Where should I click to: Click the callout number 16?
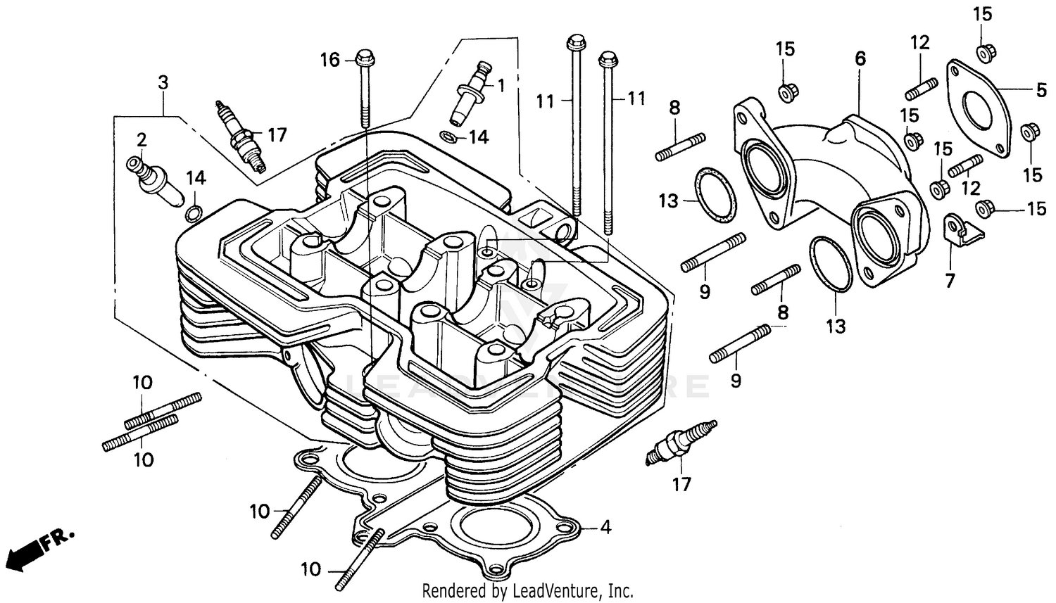tap(330, 61)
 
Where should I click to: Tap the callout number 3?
tap(163, 83)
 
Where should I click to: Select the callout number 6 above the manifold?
tap(860, 59)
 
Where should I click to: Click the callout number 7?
tap(950, 281)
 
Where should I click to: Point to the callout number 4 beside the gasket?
tap(605, 526)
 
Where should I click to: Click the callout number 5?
tap(1041, 90)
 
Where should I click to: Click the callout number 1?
tap(501, 86)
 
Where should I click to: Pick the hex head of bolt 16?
tap(364, 55)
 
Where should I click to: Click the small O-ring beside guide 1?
tap(447, 136)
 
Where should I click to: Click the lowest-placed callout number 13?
tap(836, 326)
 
